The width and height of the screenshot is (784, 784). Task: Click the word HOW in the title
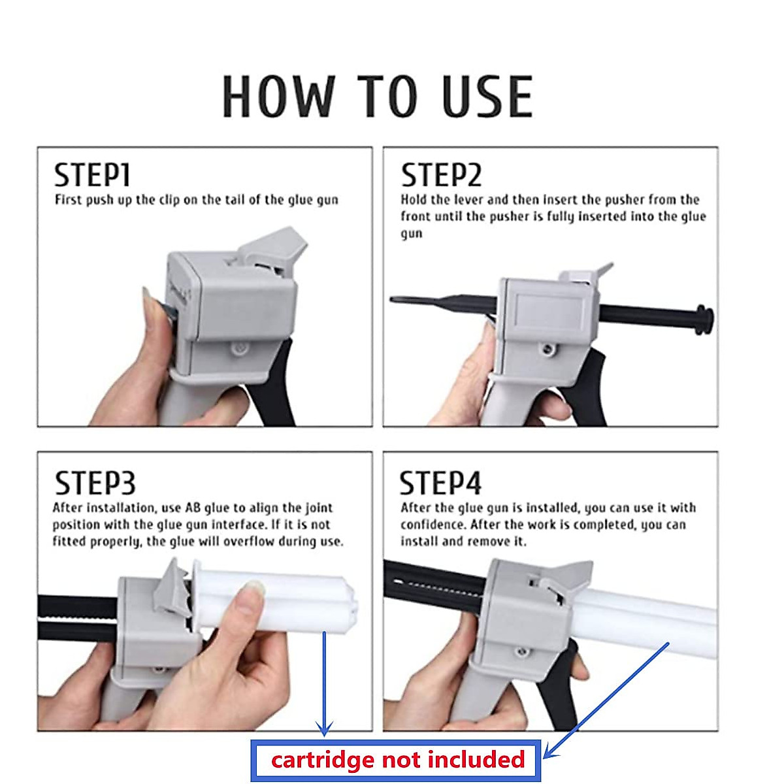tap(279, 97)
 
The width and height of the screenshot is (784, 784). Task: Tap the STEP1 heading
tap(92, 175)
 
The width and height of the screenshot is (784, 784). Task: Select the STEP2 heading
tap(441, 175)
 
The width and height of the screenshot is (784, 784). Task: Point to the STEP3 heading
tap(95, 483)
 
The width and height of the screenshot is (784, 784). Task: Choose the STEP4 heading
tap(440, 483)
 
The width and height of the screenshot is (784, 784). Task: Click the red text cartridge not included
tap(398, 759)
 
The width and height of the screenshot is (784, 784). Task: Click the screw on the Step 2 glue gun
tap(547, 349)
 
